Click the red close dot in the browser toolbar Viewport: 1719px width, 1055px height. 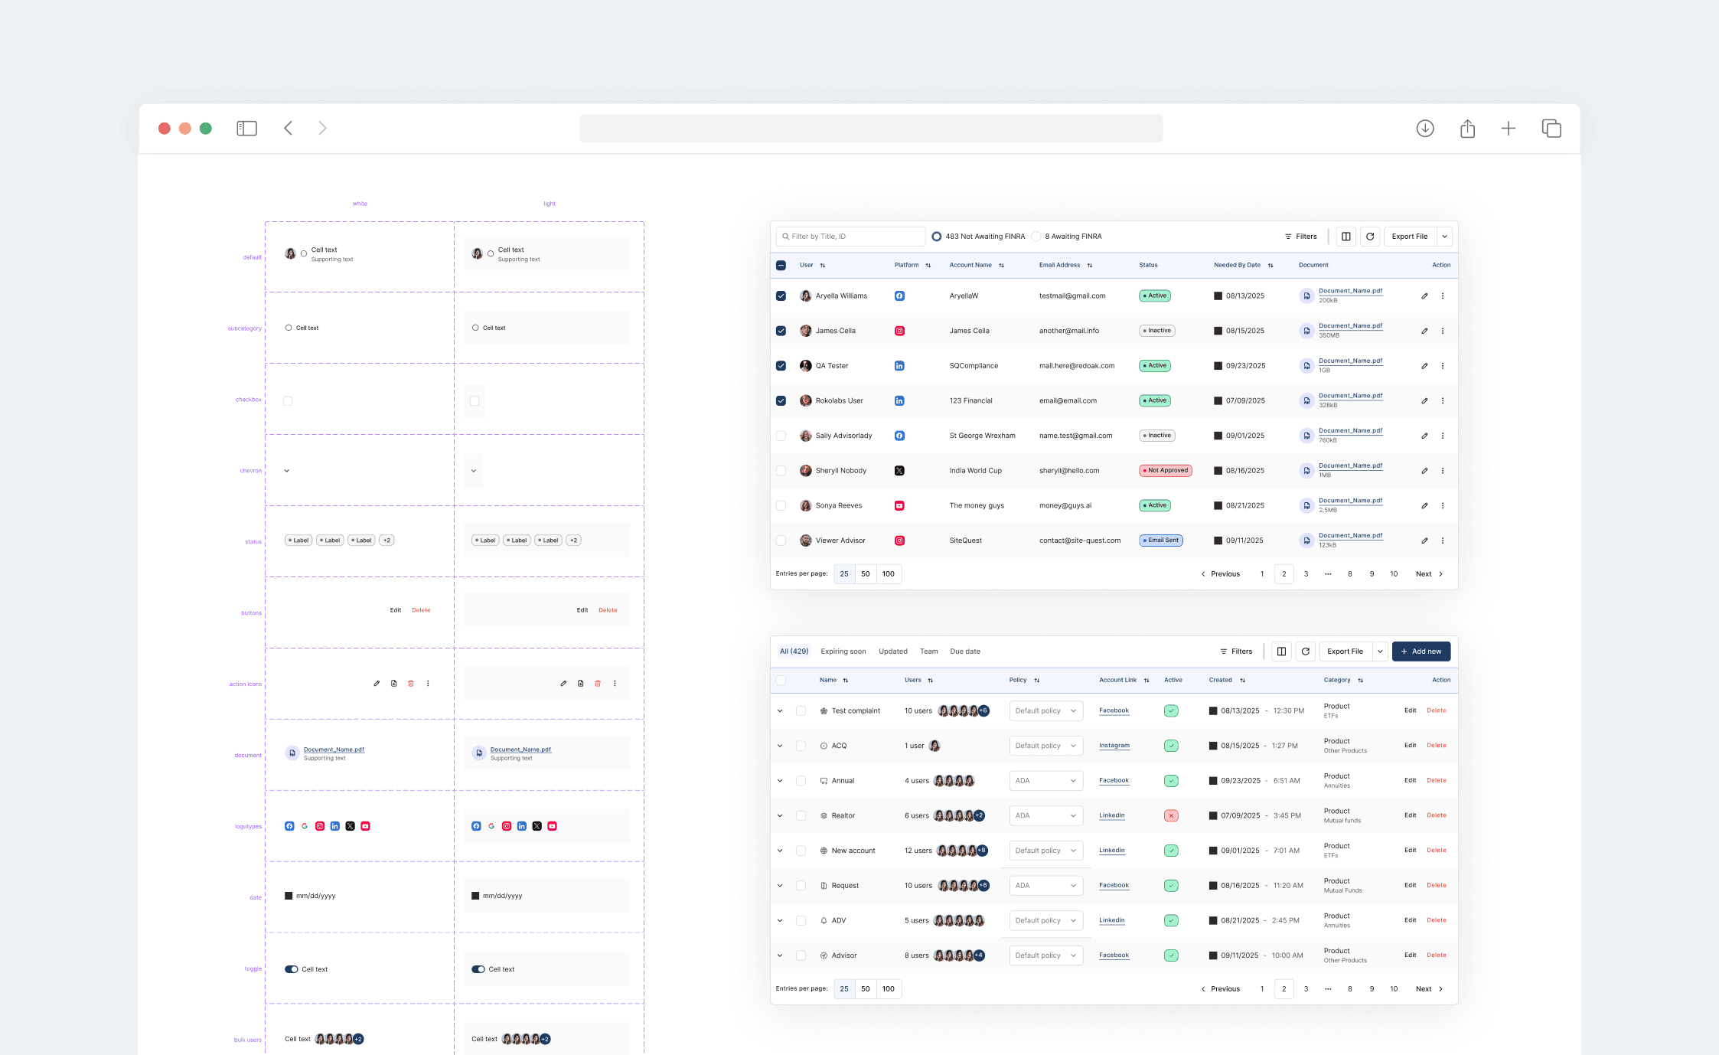[x=164, y=129]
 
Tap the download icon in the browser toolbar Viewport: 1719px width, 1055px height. [x=1424, y=129]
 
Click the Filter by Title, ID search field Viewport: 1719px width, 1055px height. [x=851, y=237]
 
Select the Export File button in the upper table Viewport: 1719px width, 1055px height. [x=1409, y=237]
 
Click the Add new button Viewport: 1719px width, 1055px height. [x=1421, y=652]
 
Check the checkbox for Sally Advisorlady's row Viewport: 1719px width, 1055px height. [x=781, y=436]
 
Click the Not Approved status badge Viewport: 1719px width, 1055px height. [x=1165, y=471]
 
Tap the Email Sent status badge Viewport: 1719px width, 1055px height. [x=1160, y=541]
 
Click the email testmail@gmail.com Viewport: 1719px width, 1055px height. [x=1072, y=296]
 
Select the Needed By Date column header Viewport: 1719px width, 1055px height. [x=1237, y=266]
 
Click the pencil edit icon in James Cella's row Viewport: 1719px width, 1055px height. [x=1424, y=332]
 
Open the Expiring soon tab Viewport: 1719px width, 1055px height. [x=843, y=652]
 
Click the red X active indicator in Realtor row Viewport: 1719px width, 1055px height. [x=1170, y=816]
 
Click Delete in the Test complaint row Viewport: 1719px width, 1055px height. [x=1436, y=710]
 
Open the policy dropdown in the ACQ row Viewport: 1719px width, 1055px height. [x=1045, y=746]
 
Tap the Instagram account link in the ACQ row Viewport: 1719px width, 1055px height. [x=1114, y=746]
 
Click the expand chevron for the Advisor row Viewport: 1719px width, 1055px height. [x=780, y=955]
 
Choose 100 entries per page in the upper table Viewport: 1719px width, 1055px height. [x=888, y=574]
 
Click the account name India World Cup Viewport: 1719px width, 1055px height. [x=975, y=471]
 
